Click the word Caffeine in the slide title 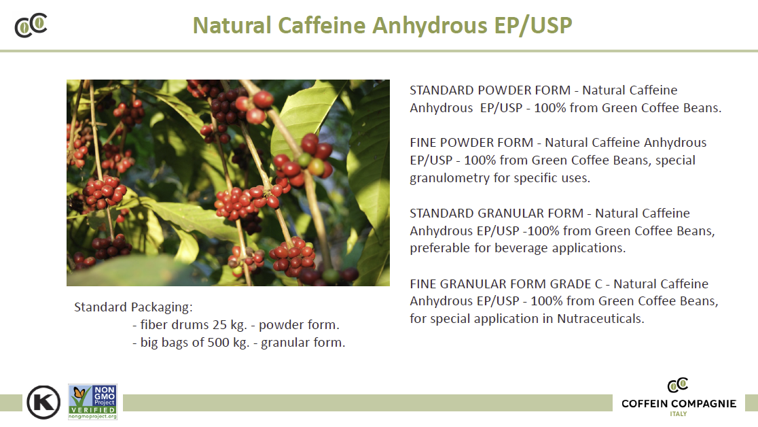[321, 25]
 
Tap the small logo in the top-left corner [31, 25]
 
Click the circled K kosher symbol [43, 402]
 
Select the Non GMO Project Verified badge [93, 402]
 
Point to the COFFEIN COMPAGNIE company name [679, 404]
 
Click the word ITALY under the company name [679, 414]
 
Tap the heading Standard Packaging [133, 307]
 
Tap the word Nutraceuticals [600, 319]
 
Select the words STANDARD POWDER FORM [490, 90]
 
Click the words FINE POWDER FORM [471, 143]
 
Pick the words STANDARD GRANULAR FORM [497, 213]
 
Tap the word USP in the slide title [551, 25]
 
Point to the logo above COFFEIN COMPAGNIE [678, 386]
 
